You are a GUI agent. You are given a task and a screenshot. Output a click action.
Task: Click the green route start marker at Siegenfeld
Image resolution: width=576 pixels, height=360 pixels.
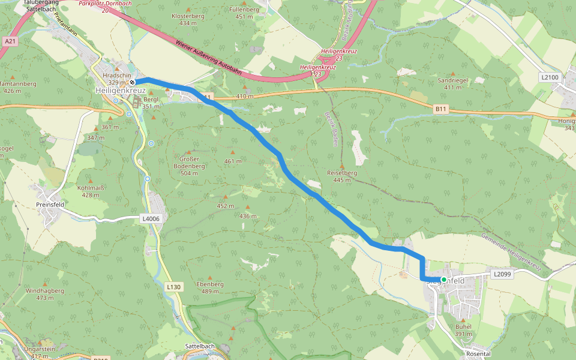pyautogui.click(x=444, y=280)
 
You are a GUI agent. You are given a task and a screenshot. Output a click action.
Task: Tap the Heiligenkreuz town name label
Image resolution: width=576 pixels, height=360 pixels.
pyautogui.click(x=120, y=90)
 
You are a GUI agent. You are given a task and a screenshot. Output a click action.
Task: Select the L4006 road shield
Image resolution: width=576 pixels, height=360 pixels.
pyautogui.click(x=151, y=219)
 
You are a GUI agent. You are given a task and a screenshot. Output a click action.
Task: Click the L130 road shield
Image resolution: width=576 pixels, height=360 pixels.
pyautogui.click(x=173, y=287)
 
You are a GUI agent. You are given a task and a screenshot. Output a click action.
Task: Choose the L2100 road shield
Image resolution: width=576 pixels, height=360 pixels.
pyautogui.click(x=550, y=77)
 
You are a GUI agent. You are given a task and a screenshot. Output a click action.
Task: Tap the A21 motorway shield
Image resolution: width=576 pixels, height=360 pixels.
pyautogui.click(x=9, y=41)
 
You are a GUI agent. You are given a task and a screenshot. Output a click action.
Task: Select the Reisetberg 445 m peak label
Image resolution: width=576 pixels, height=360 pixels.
pyautogui.click(x=342, y=176)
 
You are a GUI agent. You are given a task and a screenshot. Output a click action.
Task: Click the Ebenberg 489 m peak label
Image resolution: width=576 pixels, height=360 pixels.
pyautogui.click(x=210, y=287)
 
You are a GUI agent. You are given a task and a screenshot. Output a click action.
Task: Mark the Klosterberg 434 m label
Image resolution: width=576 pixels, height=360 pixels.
pyautogui.click(x=188, y=19)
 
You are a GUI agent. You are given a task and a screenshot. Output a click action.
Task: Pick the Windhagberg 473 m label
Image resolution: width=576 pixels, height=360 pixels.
pyautogui.click(x=44, y=294)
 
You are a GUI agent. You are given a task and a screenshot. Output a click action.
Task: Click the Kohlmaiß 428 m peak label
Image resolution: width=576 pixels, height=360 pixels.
pyautogui.click(x=91, y=191)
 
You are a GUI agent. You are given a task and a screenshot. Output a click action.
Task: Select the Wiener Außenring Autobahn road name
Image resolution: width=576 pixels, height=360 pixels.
pyautogui.click(x=209, y=59)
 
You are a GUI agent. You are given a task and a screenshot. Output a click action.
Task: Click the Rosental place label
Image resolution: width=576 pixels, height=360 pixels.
pyautogui.click(x=478, y=354)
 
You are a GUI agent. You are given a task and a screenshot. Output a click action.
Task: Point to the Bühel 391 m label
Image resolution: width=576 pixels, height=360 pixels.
pyautogui.click(x=463, y=330)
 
